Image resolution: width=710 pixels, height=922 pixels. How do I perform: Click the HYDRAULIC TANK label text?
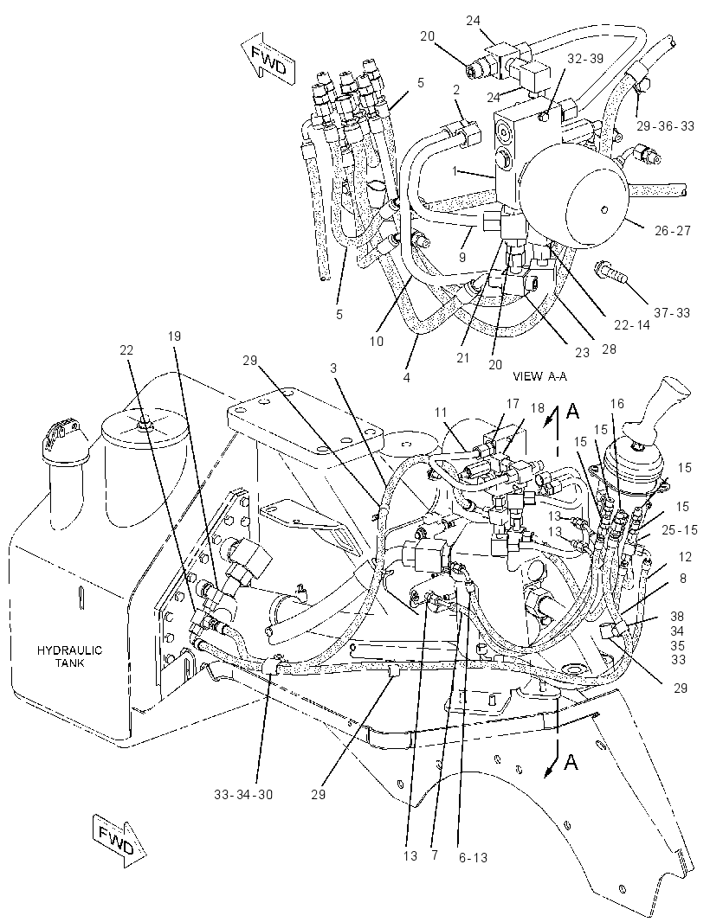coord(69,656)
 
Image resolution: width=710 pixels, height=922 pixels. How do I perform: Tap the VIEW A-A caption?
coord(539,376)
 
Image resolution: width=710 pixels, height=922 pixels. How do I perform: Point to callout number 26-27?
coord(672,230)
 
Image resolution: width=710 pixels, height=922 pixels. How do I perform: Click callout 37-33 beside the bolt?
coord(672,313)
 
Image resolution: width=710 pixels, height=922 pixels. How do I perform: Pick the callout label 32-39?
coord(586,58)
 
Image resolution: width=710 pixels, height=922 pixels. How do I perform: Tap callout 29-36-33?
coord(665,125)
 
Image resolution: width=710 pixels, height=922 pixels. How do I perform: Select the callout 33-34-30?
coord(243,794)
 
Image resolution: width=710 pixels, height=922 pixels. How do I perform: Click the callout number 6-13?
coord(473,858)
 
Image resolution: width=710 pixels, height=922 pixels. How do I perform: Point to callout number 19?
coord(174,336)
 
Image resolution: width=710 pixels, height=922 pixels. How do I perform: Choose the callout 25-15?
coord(679,530)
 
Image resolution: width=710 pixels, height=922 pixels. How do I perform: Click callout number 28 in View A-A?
coord(609,349)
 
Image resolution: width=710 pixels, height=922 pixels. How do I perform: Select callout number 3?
coord(334,368)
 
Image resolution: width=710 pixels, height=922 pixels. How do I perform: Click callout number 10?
coord(377,341)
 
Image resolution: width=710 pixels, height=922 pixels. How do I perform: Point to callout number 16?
coord(617,403)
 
